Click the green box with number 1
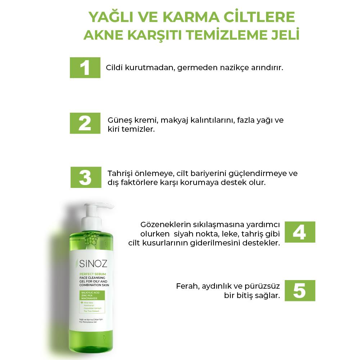[x=85, y=67]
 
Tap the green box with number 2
[x=85, y=123]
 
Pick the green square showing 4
[x=300, y=232]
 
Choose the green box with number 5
[x=300, y=291]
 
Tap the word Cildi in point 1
[x=114, y=68]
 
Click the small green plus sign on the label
[x=82, y=302]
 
